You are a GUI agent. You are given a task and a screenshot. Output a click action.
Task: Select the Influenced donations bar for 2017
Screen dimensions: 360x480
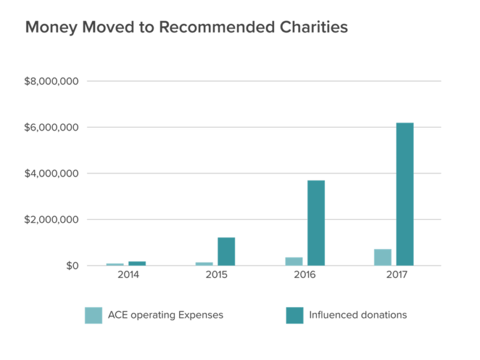point(404,193)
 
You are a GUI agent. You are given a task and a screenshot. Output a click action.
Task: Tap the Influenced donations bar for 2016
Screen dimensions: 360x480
point(315,222)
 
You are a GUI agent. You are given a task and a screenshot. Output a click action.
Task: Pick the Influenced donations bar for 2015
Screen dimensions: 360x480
point(226,251)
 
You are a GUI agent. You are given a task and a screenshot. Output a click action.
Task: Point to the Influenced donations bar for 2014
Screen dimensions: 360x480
point(137,263)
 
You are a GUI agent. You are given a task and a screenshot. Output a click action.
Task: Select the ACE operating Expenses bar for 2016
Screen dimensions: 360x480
point(294,261)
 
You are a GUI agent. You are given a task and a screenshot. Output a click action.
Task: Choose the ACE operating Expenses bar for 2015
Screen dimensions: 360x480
point(204,263)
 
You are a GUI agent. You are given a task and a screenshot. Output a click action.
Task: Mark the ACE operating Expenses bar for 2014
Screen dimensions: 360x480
point(115,264)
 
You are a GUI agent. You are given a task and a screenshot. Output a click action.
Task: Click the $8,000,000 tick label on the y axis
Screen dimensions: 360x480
point(51,81)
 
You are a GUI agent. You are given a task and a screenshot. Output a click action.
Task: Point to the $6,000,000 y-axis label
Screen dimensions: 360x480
point(51,127)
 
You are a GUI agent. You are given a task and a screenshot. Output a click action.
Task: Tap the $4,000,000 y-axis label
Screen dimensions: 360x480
point(51,174)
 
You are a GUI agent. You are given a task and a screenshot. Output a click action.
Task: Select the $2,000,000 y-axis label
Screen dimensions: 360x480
point(51,220)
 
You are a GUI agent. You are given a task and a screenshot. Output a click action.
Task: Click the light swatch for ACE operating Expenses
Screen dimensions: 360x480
point(93,315)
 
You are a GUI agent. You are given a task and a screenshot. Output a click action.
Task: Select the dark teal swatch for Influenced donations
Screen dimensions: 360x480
point(294,315)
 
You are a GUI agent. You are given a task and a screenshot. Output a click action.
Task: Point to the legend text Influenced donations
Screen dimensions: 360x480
point(359,315)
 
